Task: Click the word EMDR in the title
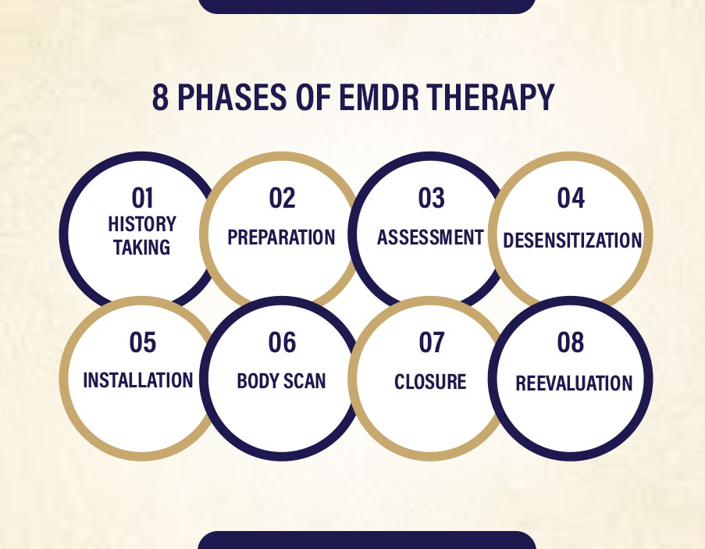pos(379,97)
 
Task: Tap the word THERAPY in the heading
pos(490,97)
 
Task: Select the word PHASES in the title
pos(232,97)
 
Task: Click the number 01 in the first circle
pos(143,198)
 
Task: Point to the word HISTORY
pos(142,224)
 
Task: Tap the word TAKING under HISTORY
pos(141,248)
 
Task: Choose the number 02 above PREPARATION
pos(283,198)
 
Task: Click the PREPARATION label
pos(282,237)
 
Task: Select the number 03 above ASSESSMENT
pos(431,198)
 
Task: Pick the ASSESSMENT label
pos(430,237)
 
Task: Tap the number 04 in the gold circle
pos(571,198)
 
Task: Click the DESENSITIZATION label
pos(572,240)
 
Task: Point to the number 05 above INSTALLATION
pos(143,342)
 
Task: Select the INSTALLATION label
pos(138,380)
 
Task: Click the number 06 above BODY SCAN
pos(283,342)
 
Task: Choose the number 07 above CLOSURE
pos(432,342)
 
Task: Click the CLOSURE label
pos(430,382)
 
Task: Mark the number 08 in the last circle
pos(571,342)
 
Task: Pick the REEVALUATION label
pos(574,383)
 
